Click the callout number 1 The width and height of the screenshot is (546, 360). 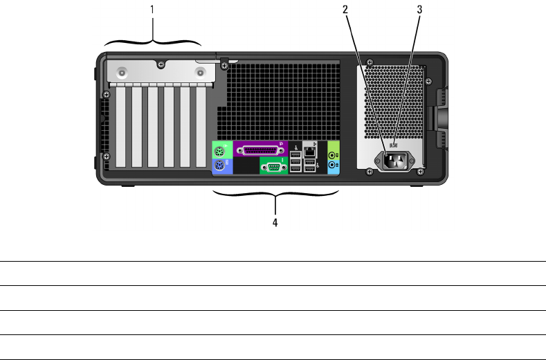152,10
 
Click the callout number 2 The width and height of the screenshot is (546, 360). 343,10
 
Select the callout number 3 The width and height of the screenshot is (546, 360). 419,10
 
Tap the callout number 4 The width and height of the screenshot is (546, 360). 275,223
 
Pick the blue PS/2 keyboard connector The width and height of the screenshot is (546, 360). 219,166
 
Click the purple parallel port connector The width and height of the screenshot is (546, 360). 260,150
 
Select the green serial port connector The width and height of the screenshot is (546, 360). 274,165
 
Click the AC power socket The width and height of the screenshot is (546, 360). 392,161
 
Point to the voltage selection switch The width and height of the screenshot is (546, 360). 392,145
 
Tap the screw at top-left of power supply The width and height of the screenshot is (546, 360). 369,61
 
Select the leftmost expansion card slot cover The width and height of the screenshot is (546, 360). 120,128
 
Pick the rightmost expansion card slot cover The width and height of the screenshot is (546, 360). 202,128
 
